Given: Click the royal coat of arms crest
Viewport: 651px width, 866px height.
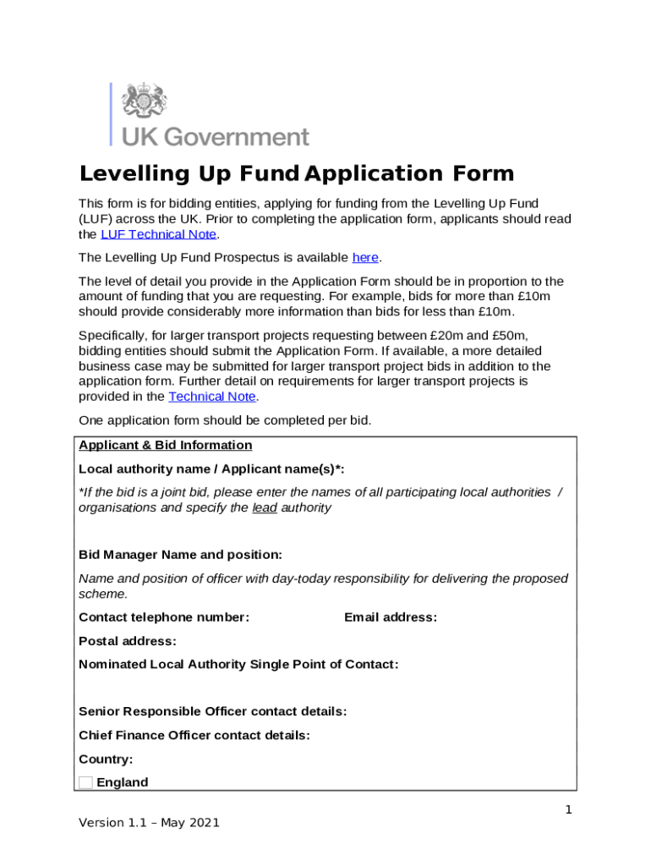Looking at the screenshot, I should click(x=145, y=101).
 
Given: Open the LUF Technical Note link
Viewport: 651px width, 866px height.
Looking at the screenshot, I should click(x=158, y=234).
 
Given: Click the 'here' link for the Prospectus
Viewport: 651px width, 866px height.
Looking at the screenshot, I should click(x=364, y=257).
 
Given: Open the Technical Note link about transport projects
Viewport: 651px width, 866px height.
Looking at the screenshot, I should click(x=211, y=397).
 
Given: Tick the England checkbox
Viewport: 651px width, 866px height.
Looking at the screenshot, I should click(x=85, y=782).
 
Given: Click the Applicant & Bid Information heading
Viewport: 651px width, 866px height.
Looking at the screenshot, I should click(x=165, y=446).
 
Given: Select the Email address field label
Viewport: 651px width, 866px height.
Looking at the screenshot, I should click(x=390, y=617).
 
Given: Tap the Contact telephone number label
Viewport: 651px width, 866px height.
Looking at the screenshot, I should click(x=163, y=617).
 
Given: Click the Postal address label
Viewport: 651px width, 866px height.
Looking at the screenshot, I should click(x=127, y=641).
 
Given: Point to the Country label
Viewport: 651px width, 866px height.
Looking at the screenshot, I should click(x=105, y=759).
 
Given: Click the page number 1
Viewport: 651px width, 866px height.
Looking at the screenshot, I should click(x=569, y=810).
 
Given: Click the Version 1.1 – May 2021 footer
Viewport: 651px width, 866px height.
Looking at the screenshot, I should click(x=149, y=822).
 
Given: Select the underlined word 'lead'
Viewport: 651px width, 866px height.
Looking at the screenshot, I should click(x=264, y=508).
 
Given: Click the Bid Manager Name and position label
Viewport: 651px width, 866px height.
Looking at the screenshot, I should click(x=180, y=555).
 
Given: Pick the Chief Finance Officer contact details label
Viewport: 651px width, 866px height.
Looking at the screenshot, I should click(x=194, y=736).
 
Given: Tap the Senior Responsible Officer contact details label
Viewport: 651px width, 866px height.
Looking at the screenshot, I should click(x=212, y=712).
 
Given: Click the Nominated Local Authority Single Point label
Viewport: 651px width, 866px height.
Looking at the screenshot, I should click(x=238, y=665).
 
